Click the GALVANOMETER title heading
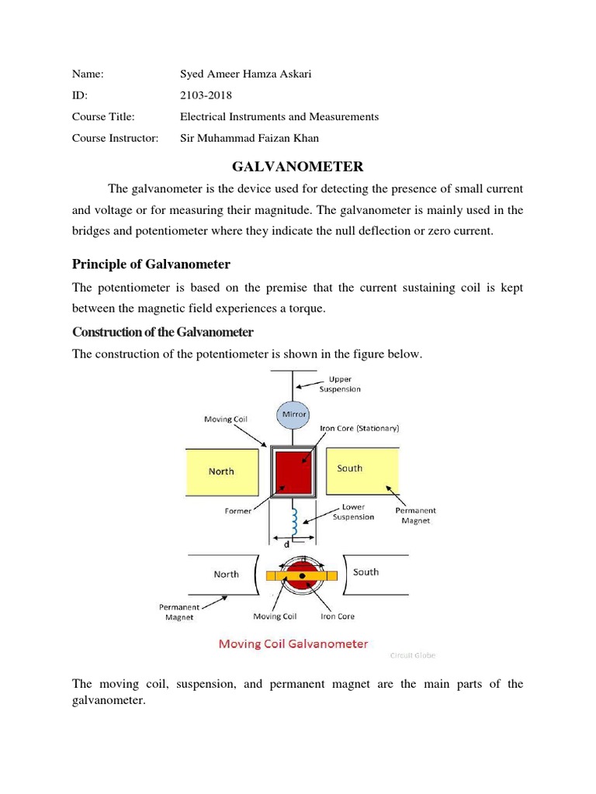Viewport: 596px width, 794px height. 298,166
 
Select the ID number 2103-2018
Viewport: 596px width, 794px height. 206,95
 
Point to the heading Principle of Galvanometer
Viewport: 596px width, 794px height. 151,265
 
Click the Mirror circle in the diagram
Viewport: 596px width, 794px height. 293,415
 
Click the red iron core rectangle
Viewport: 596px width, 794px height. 293,471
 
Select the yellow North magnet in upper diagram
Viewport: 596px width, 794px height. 221,471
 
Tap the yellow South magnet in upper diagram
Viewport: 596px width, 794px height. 361,469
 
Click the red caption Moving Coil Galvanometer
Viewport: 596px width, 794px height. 293,644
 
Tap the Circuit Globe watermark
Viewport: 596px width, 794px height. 411,655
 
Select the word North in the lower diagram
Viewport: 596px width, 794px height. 226,575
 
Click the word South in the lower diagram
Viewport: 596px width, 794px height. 366,572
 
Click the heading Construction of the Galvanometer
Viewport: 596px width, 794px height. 163,332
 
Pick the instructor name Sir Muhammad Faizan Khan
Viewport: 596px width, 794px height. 250,138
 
